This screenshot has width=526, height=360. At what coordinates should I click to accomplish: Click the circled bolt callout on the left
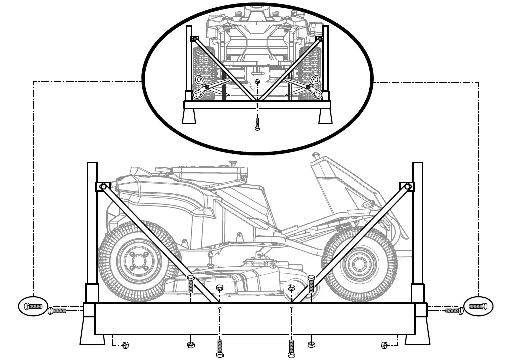[33, 306]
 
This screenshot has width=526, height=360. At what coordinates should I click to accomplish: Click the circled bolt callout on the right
[478, 306]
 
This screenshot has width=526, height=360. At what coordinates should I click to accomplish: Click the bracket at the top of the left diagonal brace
[103, 187]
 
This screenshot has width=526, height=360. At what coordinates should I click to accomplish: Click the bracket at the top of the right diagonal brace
[407, 187]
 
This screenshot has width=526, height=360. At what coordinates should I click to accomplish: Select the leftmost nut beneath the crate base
[126, 344]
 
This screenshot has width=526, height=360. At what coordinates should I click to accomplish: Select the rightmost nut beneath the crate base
[384, 345]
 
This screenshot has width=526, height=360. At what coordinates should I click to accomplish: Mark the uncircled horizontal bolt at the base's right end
[453, 311]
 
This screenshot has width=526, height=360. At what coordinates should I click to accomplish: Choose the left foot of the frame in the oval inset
[190, 116]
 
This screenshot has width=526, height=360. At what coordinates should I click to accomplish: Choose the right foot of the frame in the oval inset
[325, 116]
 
